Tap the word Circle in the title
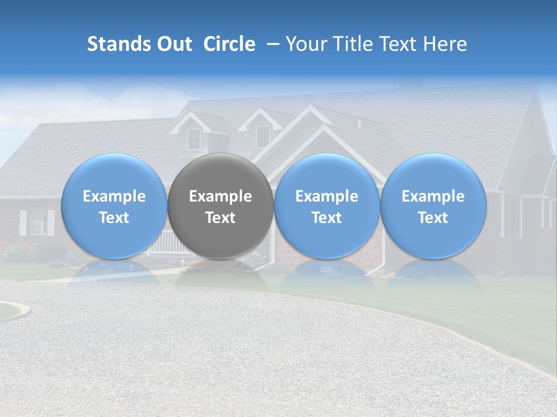tap(229, 44)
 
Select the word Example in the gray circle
tap(220, 196)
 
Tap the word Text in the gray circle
tap(220, 218)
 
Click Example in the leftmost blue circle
tap(114, 196)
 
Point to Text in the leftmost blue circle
tap(114, 218)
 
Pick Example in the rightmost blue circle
tap(433, 196)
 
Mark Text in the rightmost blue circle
tap(433, 218)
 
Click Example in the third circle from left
tap(327, 196)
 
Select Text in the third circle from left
tap(327, 218)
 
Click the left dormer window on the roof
tap(194, 138)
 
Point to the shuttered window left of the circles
tap(38, 222)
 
